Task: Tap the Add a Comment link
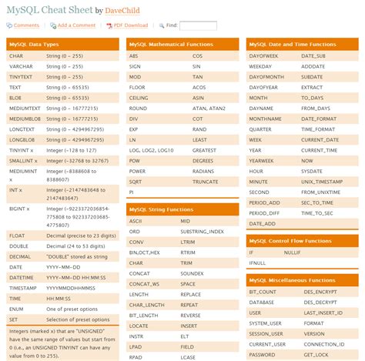[76, 25]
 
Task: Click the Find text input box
[199, 25]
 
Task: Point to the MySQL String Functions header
[161, 209]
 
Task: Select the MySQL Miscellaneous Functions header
[292, 280]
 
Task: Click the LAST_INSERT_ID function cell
[323, 313]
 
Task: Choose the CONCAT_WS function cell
[144, 283]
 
